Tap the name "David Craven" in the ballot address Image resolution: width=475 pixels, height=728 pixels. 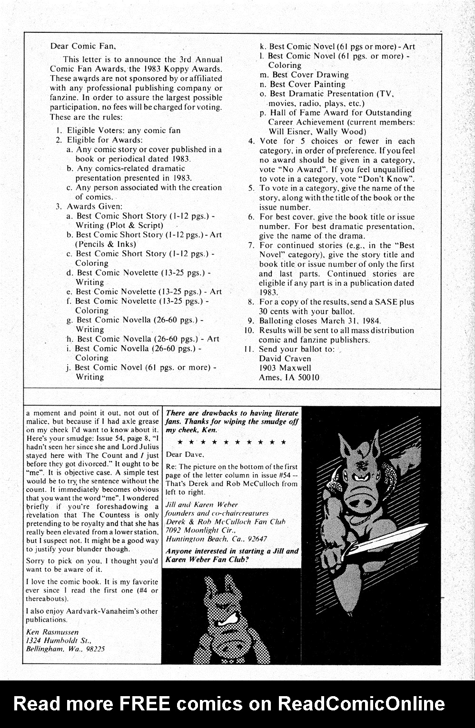point(285,359)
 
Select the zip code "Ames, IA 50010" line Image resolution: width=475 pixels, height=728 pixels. point(289,378)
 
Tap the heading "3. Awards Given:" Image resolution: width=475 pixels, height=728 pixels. point(89,206)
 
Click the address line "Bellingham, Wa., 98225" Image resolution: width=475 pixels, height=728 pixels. point(65,649)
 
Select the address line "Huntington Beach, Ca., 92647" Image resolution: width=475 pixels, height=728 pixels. point(216,539)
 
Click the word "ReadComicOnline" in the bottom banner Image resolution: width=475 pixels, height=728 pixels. point(361,703)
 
